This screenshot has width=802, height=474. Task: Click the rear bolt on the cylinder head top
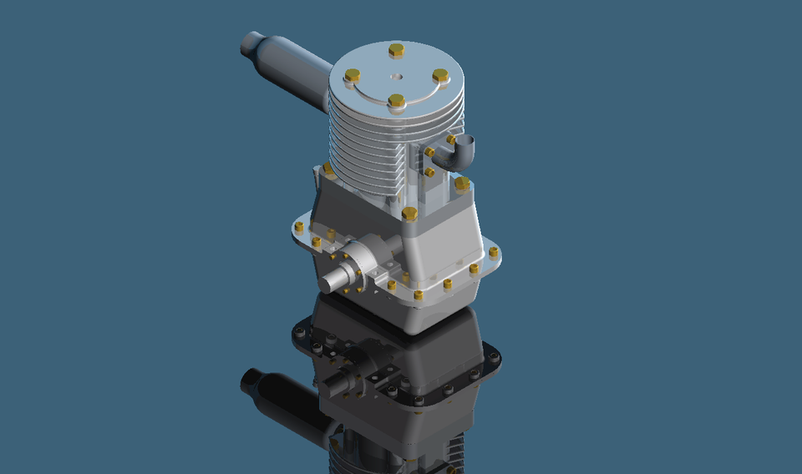tap(397, 51)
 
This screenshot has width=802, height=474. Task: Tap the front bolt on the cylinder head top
tap(397, 101)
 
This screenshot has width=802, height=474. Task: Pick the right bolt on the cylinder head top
tap(440, 76)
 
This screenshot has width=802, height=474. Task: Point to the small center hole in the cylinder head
tap(397, 77)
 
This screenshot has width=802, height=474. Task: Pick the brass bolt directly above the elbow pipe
tap(451, 138)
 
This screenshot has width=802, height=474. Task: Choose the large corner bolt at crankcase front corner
tap(409, 214)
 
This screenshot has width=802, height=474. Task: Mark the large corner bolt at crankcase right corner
tap(461, 183)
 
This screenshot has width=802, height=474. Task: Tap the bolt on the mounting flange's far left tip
tap(299, 226)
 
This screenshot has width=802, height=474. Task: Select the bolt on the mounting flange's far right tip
tap(494, 251)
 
